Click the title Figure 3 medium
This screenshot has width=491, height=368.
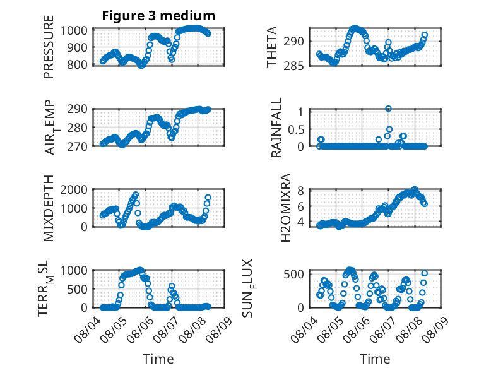click(x=158, y=16)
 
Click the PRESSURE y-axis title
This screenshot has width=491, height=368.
click(x=49, y=47)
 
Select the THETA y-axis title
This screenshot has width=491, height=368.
click(x=272, y=47)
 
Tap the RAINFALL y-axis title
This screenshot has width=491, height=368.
click(x=276, y=127)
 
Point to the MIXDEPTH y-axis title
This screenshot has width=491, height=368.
click(x=49, y=208)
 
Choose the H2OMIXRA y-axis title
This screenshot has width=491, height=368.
click(x=286, y=208)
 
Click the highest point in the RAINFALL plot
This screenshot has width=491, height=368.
click(x=388, y=109)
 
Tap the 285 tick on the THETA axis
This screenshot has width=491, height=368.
click(x=293, y=66)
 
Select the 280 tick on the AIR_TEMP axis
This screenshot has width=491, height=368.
click(x=77, y=128)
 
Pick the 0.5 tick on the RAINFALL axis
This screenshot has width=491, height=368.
click(x=296, y=129)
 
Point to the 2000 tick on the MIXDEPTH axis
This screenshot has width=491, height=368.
click(x=74, y=189)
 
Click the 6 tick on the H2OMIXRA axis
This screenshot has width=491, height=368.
click(x=300, y=206)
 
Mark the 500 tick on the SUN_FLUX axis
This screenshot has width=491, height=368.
click(x=293, y=275)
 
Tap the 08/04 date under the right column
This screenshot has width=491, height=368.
click(x=304, y=329)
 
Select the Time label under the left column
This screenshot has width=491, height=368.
click(x=158, y=359)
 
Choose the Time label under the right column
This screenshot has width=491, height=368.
click(x=375, y=359)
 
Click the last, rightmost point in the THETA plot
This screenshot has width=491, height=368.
click(x=424, y=35)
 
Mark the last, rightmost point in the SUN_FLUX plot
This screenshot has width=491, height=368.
click(x=424, y=273)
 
